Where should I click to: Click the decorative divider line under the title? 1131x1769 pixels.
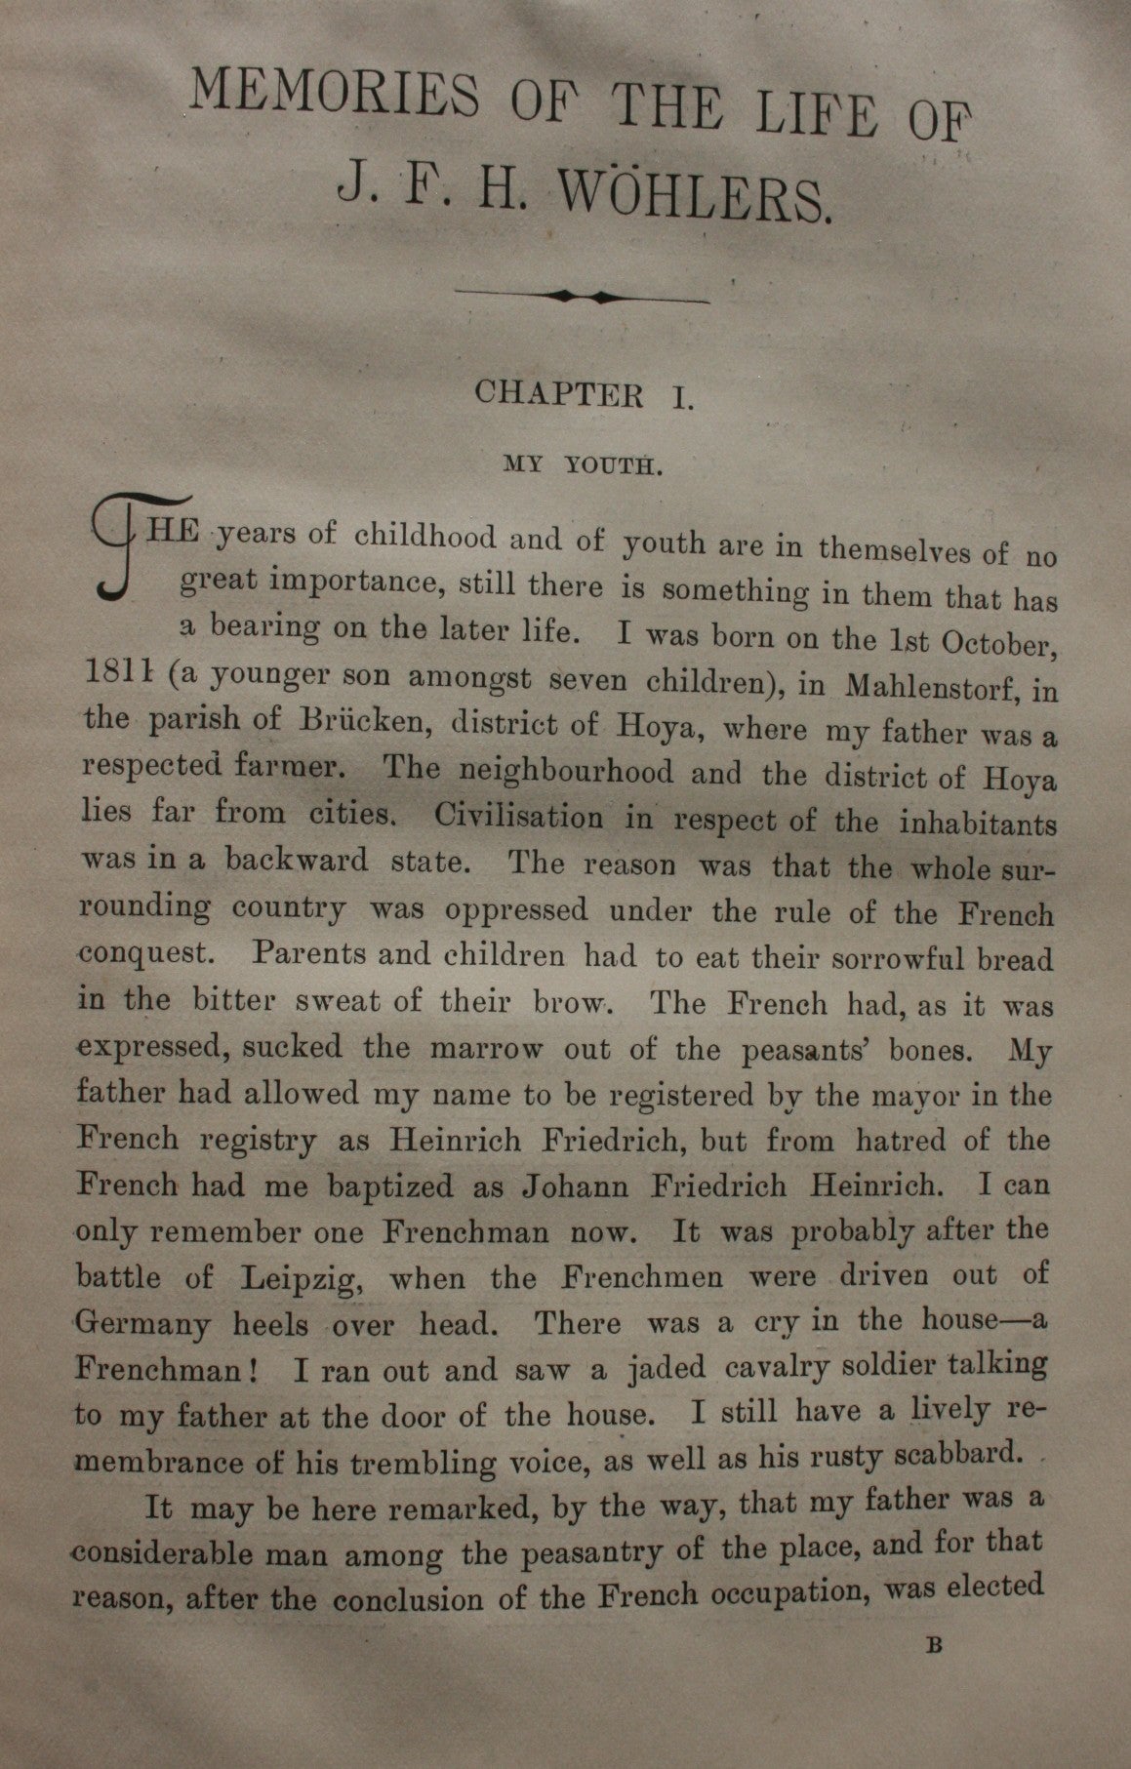583,295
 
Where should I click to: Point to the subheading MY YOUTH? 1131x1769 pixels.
584,464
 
